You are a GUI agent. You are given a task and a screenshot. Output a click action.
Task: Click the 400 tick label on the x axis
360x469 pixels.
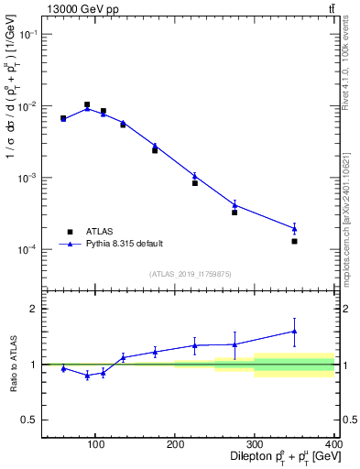click(x=333, y=444)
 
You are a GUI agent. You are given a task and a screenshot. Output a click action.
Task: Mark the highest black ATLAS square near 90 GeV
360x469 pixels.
click(x=87, y=104)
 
